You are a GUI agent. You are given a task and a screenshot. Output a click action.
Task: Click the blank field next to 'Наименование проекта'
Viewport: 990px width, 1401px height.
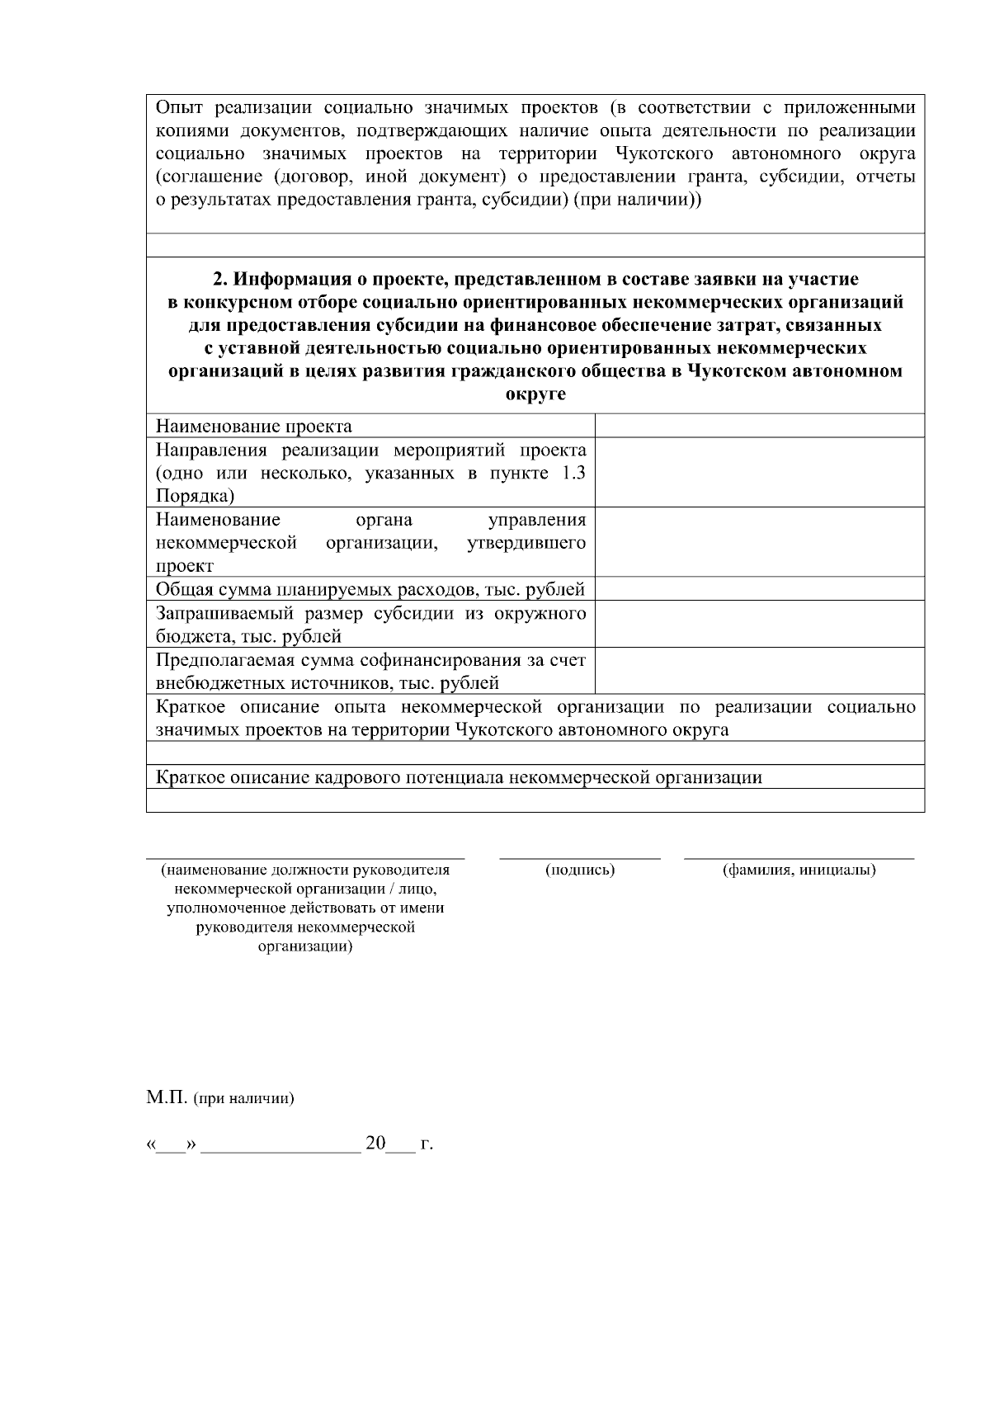[x=759, y=426]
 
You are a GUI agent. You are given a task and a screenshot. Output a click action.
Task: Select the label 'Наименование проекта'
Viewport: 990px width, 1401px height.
[x=254, y=427]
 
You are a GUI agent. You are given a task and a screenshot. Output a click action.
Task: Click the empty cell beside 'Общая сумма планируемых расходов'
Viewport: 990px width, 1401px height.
[x=759, y=588]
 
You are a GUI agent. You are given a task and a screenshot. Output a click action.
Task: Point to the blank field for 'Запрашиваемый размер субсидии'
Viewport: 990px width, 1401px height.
[x=759, y=624]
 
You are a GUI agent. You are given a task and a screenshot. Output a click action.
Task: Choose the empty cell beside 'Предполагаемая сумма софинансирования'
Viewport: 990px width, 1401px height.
[x=759, y=671]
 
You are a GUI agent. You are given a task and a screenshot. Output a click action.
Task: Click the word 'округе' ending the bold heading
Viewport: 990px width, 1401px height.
[x=535, y=394]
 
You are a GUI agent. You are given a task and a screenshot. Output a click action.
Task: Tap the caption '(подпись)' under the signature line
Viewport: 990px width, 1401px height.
[x=580, y=870]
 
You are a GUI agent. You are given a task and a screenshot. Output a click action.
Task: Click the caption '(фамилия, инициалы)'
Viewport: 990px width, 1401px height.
[x=799, y=870]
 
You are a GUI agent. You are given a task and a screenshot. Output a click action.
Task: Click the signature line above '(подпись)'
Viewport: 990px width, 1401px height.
[x=580, y=858]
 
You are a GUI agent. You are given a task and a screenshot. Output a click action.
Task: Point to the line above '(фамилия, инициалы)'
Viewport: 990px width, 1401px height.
[x=799, y=858]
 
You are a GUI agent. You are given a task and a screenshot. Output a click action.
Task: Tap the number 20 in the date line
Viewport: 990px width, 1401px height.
[x=376, y=1144]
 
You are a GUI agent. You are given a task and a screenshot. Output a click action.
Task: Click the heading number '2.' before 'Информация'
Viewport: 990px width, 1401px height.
[x=220, y=279]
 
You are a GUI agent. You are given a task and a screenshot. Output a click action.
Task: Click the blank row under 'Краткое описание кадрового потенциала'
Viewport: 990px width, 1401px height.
[x=535, y=800]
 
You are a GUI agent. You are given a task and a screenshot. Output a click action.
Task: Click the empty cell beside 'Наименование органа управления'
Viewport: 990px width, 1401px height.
[x=759, y=542]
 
